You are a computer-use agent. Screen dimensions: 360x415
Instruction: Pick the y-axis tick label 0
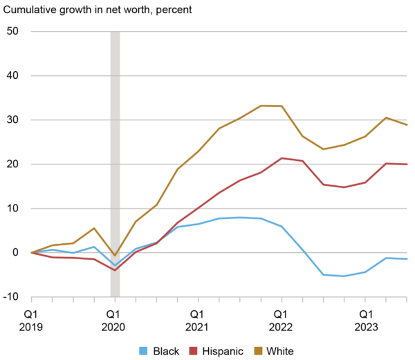coord(15,253)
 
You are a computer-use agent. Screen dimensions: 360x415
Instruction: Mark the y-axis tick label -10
coord(10,297)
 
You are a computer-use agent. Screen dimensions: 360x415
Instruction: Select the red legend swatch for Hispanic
coord(194,351)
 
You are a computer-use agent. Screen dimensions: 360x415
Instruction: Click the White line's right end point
coord(407,125)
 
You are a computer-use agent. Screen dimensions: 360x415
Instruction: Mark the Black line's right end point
coord(407,259)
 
